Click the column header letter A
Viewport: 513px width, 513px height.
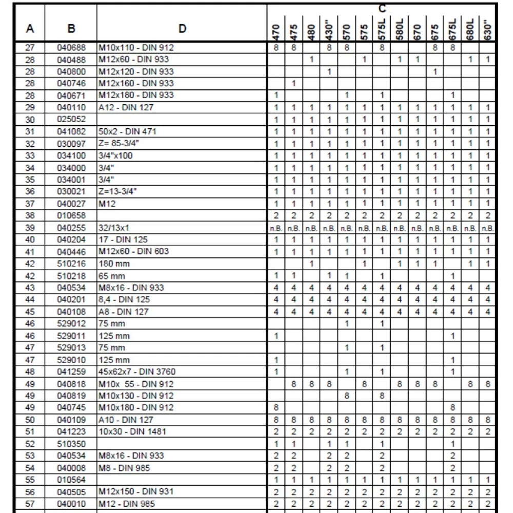[x=30, y=29]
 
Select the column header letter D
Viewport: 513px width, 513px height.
[x=182, y=29]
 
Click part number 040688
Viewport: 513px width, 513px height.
[x=71, y=48]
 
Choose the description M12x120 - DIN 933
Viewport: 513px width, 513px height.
[x=136, y=71]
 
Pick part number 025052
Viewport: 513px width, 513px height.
[x=71, y=119]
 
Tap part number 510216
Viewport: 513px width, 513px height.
[x=71, y=264]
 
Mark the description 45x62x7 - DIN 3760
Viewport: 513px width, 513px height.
[x=140, y=371]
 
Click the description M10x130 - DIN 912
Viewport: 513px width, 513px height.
[x=136, y=396]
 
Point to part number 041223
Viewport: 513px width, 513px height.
[x=71, y=431]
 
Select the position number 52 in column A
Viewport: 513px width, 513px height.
[x=30, y=443]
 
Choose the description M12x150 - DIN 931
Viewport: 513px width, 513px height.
[x=136, y=491]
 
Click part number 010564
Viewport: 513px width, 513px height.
[x=71, y=479]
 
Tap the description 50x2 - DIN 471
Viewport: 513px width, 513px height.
[x=127, y=131]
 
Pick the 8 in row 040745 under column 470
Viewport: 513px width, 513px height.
[x=276, y=407]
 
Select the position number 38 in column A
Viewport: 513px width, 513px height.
[x=30, y=215]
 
